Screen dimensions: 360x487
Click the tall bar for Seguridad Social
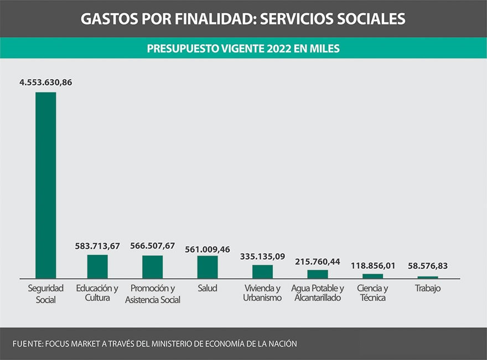click(45, 185)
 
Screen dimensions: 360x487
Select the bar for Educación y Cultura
click(97, 266)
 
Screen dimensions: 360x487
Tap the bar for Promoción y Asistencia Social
click(152, 267)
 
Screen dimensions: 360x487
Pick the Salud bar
click(207, 267)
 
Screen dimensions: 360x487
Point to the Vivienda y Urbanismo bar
click(262, 272)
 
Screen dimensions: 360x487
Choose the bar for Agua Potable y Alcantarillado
click(318, 274)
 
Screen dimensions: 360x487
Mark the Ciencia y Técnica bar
click(372, 276)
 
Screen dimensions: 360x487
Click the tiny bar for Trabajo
click(428, 277)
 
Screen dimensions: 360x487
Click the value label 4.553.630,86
click(45, 82)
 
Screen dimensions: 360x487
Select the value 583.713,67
click(97, 246)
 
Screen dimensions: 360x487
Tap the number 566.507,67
click(152, 246)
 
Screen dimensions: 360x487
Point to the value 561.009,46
click(207, 249)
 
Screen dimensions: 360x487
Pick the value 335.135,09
click(262, 257)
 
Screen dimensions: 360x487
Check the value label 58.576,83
click(428, 266)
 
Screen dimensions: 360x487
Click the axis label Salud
click(207, 288)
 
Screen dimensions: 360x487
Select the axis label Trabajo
click(428, 288)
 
